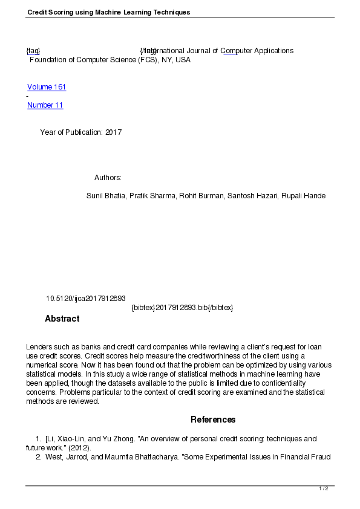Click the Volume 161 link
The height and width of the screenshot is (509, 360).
pos(47,87)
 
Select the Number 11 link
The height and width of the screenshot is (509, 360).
pos(45,105)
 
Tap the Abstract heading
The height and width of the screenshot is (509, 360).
pos(62,319)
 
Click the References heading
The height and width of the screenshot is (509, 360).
pos(213,420)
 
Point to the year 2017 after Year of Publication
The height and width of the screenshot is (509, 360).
pos(113,132)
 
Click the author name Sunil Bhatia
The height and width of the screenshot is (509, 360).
pos(106,196)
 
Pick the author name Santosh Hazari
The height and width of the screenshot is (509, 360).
pos(256,196)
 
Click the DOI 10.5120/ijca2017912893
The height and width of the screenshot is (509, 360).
pos(86,299)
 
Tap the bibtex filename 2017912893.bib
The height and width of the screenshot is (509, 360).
pos(182,308)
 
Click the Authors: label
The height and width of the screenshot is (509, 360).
pos(108,178)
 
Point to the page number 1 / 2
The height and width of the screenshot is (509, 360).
pos(324,488)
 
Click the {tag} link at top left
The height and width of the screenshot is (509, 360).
pos(33,51)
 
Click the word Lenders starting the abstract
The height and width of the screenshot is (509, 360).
pos(40,346)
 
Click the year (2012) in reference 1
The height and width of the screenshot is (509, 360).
pos(77,448)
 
